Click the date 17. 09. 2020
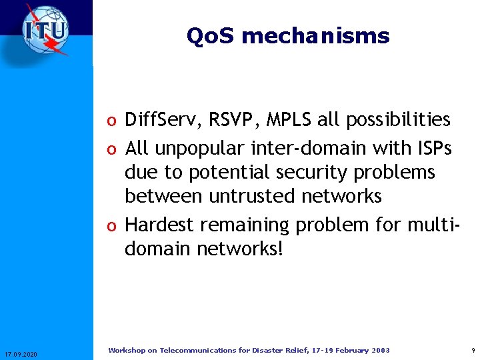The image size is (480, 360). click(21, 353)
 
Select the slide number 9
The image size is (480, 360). click(473, 351)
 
